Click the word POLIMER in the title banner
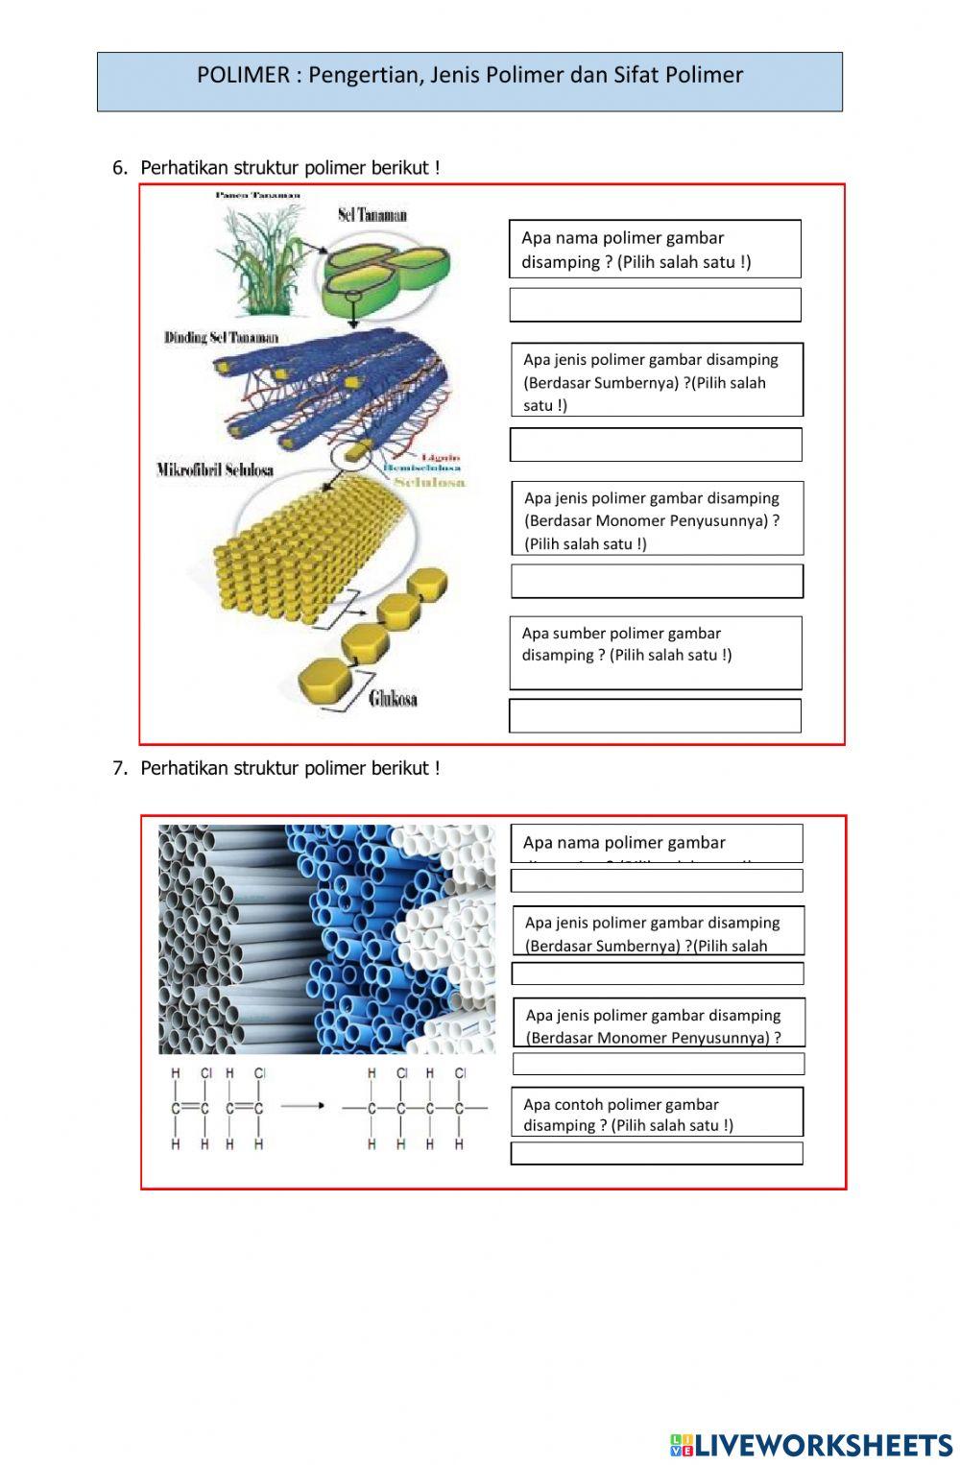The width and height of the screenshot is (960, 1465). tap(243, 75)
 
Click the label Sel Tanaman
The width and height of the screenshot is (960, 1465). tap(372, 215)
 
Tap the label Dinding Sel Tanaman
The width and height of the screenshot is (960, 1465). tap(221, 338)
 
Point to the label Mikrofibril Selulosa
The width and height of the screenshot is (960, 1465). tap(215, 469)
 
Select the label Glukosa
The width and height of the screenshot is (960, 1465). tap(393, 699)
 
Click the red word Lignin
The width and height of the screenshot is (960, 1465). tap(441, 458)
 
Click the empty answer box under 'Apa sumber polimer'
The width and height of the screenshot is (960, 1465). tap(655, 716)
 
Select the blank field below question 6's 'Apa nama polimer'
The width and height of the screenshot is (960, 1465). tap(655, 305)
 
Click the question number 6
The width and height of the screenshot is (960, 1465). tap(119, 168)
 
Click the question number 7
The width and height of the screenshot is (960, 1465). tap(119, 768)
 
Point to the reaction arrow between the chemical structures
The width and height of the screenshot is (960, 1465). tap(302, 1106)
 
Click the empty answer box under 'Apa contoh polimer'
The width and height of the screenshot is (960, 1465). tap(657, 1153)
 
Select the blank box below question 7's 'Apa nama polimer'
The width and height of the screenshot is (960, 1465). tap(657, 880)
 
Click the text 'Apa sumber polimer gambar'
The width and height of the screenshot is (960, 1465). tap(621, 634)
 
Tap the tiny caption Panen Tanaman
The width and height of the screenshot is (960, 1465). tap(258, 196)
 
